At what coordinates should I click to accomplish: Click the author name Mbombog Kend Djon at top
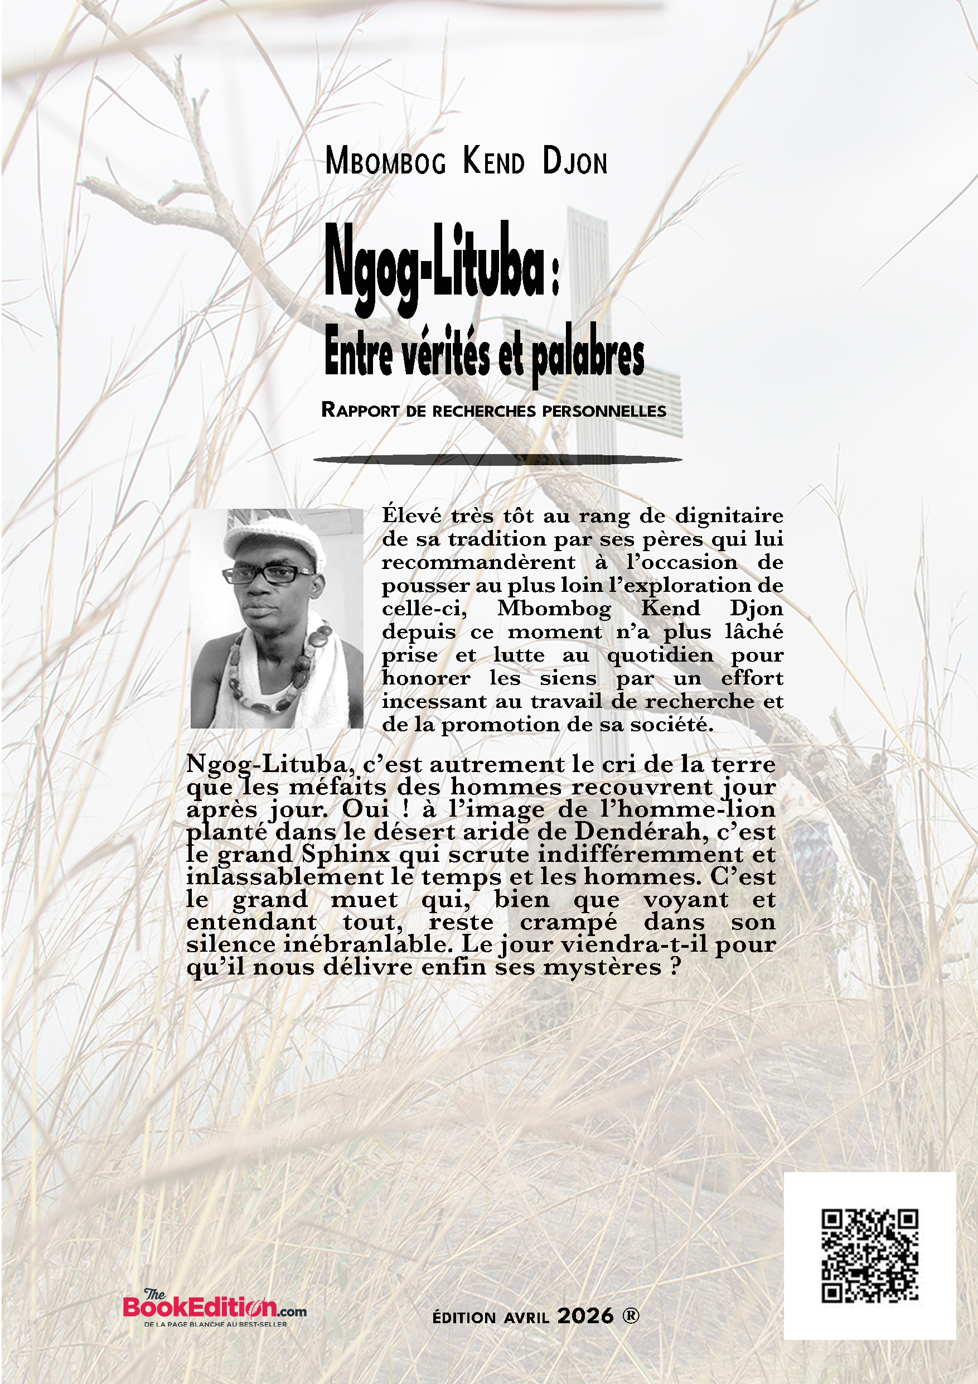pyautogui.click(x=466, y=162)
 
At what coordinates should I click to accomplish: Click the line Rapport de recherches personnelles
pyautogui.click(x=493, y=411)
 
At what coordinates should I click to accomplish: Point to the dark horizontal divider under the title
pyautogui.click(x=497, y=460)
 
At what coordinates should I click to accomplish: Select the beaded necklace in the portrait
pyautogui.click(x=283, y=675)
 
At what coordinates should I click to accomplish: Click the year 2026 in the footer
pyautogui.click(x=585, y=1316)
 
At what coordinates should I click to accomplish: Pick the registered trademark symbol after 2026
pyautogui.click(x=630, y=1315)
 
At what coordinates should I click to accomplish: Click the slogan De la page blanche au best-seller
pyautogui.click(x=215, y=1324)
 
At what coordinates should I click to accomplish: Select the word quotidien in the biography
pyautogui.click(x=660, y=655)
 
